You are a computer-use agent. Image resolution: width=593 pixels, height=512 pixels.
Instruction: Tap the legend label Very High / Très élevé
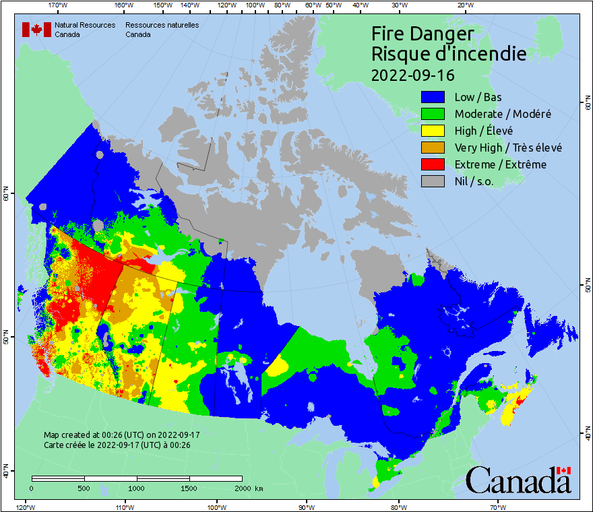(x=508, y=148)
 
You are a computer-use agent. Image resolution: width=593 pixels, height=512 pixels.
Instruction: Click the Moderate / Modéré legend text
(x=503, y=114)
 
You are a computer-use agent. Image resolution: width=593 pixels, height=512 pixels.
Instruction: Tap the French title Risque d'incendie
(x=449, y=54)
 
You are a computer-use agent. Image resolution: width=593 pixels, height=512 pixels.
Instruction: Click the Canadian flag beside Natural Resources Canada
(x=36, y=30)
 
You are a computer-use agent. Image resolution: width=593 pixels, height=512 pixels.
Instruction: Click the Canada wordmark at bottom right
(x=518, y=480)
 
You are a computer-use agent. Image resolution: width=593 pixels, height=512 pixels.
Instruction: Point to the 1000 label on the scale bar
(x=137, y=488)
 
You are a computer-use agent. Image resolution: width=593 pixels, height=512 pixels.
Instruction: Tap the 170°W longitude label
(x=58, y=5)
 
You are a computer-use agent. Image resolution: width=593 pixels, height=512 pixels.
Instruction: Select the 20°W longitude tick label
(x=464, y=5)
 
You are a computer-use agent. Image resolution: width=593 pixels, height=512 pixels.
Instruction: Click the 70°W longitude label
(x=498, y=507)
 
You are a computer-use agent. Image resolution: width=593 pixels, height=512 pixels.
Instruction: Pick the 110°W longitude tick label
(x=124, y=507)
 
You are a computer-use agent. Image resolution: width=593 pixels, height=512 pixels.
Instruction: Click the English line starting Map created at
(x=122, y=435)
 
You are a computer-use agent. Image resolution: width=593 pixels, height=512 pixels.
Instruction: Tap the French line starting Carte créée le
(x=117, y=445)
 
